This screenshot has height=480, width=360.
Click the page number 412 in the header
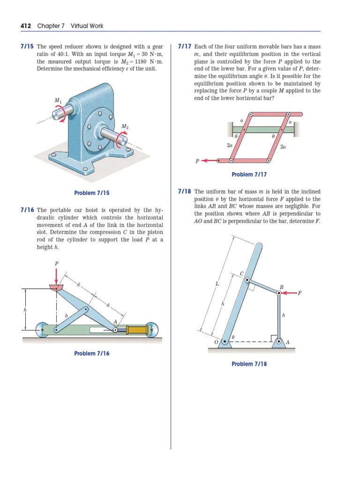[x=26, y=26]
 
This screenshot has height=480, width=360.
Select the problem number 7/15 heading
[x=27, y=47]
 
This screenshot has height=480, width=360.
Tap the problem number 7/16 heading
[x=27, y=210]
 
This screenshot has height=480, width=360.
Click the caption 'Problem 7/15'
[x=92, y=193]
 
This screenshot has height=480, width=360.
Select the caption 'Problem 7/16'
[x=92, y=353]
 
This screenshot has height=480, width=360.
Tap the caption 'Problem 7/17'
[x=249, y=174]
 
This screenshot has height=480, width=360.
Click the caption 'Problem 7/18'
[x=249, y=364]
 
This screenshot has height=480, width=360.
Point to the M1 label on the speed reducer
[x=58, y=100]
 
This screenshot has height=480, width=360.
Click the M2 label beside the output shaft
[x=125, y=126]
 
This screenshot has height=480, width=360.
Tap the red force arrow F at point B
[x=288, y=293]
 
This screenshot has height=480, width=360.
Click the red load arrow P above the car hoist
[x=57, y=277]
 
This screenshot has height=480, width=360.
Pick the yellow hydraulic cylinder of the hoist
[x=137, y=330]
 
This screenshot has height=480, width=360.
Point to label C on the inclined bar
[x=242, y=274]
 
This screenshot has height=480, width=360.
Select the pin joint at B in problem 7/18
[x=279, y=293]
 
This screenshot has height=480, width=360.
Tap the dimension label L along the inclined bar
[x=217, y=284]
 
